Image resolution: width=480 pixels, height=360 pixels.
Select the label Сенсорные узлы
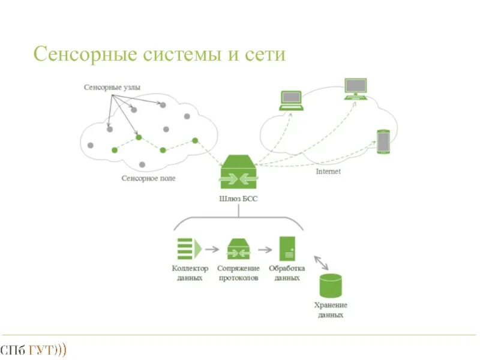coord(112,87)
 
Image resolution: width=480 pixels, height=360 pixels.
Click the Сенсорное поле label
coord(149,178)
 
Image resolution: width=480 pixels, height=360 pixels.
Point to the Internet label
coord(328,172)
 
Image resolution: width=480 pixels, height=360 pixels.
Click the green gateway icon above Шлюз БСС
coord(239,172)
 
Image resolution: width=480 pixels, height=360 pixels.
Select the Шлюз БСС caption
coord(239,199)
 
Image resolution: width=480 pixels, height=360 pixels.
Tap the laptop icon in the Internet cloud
coord(291,100)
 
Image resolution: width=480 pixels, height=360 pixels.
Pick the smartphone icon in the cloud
coord(383,142)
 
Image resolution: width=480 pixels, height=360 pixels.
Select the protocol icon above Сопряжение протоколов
coord(239,248)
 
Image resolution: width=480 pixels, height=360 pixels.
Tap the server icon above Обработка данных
coord(287,248)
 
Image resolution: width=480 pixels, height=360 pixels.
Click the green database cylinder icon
coord(330,286)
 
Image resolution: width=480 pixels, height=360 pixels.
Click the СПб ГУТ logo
coord(33,349)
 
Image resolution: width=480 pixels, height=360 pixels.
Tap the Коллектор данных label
coord(190,273)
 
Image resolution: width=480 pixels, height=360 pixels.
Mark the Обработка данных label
coord(287,273)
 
